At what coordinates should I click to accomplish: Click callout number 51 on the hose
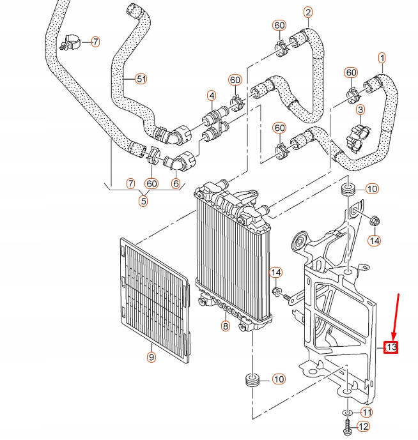pos(141,79)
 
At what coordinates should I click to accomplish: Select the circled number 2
pos(308,12)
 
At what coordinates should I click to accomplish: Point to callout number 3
pos(360,110)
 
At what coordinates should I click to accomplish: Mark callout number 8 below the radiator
pos(225,326)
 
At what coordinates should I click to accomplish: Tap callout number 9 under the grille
pos(151,357)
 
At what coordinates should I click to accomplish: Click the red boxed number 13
pos(391,347)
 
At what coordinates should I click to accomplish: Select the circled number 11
pos(366,412)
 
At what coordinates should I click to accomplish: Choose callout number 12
pos(364,426)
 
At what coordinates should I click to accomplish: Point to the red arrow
pos(396,316)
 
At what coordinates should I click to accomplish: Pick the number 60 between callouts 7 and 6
pos(151,184)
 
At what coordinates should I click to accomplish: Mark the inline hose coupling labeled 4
pos(212,119)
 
